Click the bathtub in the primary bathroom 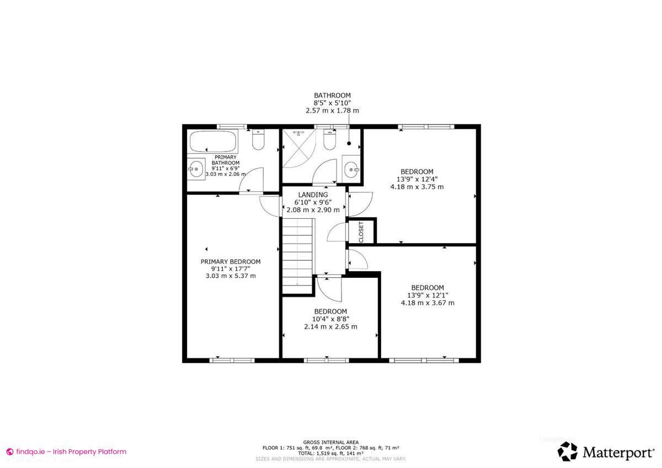213,143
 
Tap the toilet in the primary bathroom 258,141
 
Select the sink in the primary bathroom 195,169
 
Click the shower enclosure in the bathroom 298,148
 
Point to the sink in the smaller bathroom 351,170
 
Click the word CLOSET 361,232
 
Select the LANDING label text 313,195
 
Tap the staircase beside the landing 298,251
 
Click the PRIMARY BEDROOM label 231,262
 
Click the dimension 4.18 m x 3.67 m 428,303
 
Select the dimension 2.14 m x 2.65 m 330,326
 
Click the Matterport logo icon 567,451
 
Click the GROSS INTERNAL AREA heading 330,442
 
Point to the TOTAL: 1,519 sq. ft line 330,453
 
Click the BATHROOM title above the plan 332,95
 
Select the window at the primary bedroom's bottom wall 232,361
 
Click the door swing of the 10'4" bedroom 330,289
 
